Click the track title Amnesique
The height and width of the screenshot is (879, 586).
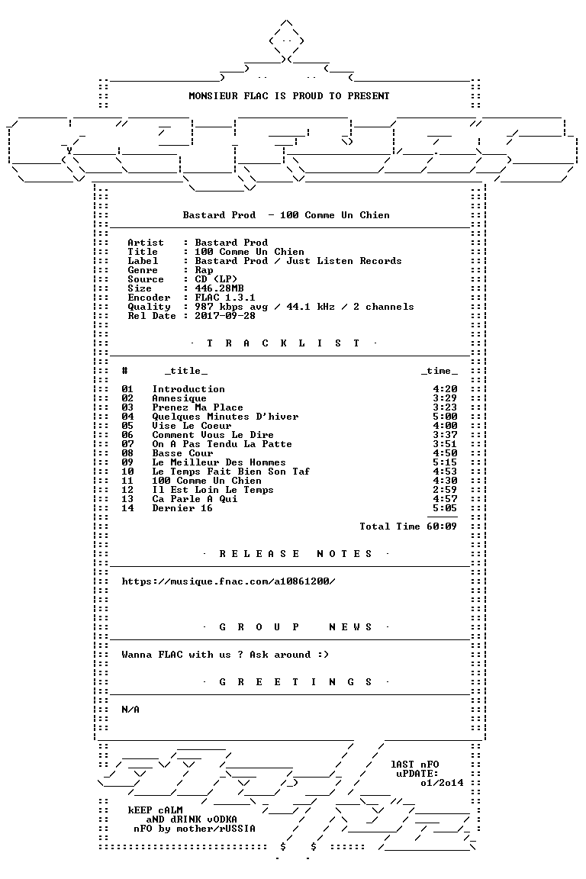point(179,398)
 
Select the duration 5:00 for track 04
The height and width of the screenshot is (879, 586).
point(445,417)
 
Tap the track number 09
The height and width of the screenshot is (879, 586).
point(127,462)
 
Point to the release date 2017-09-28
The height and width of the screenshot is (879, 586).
point(225,316)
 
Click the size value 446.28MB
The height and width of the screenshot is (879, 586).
point(219,288)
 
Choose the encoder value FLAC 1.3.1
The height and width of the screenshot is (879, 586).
point(225,298)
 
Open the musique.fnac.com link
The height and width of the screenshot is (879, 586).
point(228,581)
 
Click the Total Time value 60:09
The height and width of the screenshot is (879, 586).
point(441,526)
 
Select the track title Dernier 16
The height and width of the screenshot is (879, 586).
point(182,508)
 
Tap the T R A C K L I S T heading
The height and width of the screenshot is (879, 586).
point(283,343)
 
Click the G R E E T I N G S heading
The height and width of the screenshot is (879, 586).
point(295,682)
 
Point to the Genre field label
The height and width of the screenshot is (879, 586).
point(143,270)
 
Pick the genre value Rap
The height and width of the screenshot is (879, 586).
point(204,270)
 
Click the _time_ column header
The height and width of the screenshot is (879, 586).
point(439,371)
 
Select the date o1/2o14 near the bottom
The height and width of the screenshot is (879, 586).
point(442,783)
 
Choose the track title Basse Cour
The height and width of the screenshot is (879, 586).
point(182,453)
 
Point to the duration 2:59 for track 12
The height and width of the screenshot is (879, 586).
point(445,490)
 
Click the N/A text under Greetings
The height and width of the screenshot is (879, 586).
point(130,710)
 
